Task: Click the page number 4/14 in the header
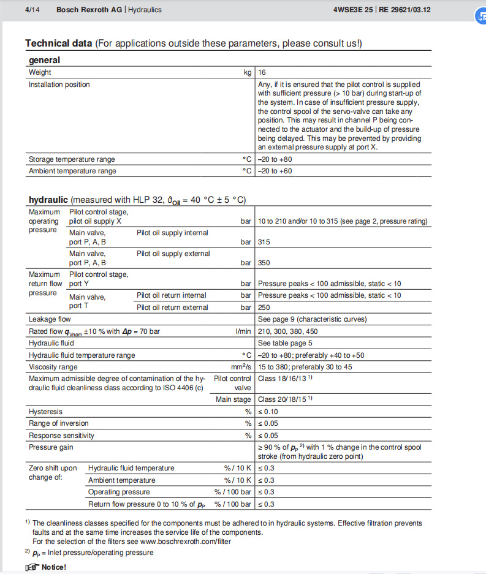[x=33, y=10]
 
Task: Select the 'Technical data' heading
[x=59, y=43]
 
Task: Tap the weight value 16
[x=262, y=72]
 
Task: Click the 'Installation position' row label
[x=59, y=85]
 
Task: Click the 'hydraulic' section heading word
[x=48, y=200]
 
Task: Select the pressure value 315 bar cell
[x=264, y=242]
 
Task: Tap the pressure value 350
[x=264, y=263]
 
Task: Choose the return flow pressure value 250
[x=264, y=308]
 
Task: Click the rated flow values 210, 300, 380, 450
[x=288, y=331]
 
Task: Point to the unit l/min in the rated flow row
[x=243, y=331]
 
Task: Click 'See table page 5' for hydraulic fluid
[x=285, y=343]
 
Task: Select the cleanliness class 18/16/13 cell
[x=286, y=379]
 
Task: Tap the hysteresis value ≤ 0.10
[x=267, y=412]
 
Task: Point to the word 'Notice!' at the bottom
[x=53, y=567]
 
